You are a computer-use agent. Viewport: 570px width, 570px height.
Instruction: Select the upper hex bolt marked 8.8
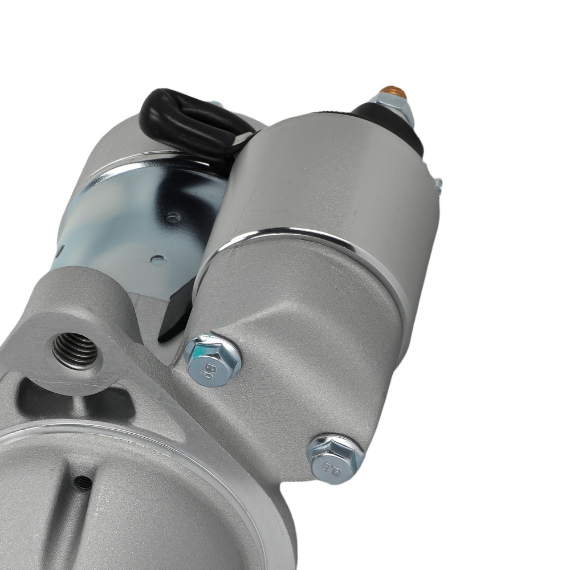[x=213, y=359]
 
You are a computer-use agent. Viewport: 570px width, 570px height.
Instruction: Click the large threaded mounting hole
[x=75, y=349]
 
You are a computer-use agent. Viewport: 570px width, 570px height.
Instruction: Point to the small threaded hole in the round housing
[x=83, y=482]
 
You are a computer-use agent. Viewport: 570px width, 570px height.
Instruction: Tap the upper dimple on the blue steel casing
[x=172, y=217]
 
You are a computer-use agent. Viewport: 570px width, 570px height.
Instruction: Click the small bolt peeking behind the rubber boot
[x=215, y=104]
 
